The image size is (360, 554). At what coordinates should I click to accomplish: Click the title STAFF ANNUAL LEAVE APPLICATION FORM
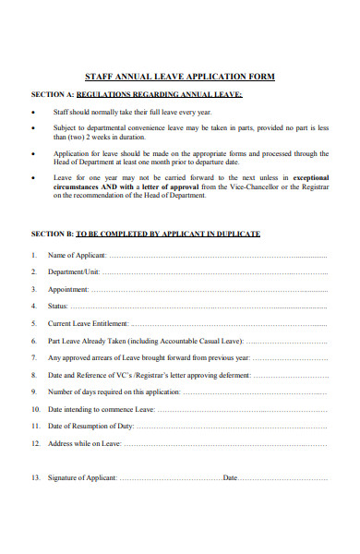click(179, 77)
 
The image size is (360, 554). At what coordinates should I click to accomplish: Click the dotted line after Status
click(198, 306)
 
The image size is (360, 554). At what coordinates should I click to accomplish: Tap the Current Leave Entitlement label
click(89, 324)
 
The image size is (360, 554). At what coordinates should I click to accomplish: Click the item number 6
click(34, 341)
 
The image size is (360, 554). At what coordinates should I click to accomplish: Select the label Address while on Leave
click(84, 443)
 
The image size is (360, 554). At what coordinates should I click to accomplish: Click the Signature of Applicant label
click(82, 477)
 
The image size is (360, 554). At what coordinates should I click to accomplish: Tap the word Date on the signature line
click(230, 477)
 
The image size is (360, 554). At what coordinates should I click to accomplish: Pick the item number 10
click(35, 409)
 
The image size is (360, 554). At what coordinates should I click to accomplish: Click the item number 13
click(35, 477)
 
